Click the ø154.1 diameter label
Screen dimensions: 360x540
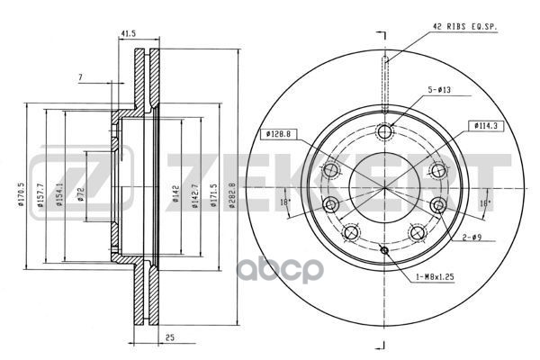click(x=59, y=194)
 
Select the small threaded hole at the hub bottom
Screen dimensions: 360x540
click(x=384, y=250)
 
